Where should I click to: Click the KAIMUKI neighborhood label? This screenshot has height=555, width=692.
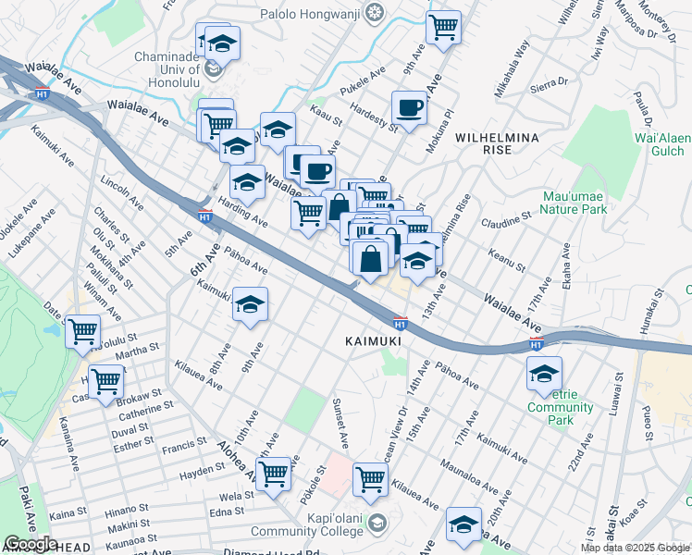pyautogui.click(x=373, y=341)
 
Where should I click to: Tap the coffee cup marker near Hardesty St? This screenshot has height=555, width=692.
pyautogui.click(x=409, y=108)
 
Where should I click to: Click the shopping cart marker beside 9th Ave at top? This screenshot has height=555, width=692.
pyautogui.click(x=444, y=27)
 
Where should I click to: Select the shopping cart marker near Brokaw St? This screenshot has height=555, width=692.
pyautogui.click(x=106, y=379)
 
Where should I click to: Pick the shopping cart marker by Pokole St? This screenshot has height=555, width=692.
pyautogui.click(x=274, y=474)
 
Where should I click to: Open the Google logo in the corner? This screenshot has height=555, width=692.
pyautogui.click(x=31, y=544)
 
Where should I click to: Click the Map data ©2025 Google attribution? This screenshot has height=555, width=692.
pyautogui.click(x=636, y=548)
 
